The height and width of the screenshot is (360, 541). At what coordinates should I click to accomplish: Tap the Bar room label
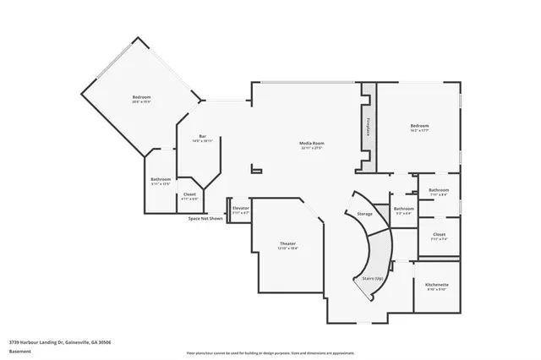point(203,137)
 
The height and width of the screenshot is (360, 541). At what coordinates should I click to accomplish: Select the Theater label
point(287,243)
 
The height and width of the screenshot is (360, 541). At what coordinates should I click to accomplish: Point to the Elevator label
point(242,207)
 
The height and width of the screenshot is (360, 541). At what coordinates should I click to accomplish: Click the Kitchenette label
point(436,285)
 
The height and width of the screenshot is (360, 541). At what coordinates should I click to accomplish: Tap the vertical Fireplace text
point(369,127)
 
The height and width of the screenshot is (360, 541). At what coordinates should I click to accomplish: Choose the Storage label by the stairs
point(364,214)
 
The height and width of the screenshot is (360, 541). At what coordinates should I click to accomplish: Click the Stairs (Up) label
point(373,278)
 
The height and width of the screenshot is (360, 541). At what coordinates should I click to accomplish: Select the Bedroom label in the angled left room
point(141,98)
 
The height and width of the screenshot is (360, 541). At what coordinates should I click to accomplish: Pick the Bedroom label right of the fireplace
point(420,126)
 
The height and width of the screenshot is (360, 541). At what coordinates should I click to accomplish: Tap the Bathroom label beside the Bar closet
point(161,178)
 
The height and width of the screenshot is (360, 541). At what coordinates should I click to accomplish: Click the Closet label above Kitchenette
point(439,234)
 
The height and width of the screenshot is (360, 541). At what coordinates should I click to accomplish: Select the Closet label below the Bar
point(190,194)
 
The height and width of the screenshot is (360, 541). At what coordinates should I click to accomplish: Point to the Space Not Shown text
point(205,218)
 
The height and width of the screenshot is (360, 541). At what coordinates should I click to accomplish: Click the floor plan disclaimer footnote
point(270,352)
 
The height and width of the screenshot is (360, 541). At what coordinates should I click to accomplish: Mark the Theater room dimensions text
point(287,249)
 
